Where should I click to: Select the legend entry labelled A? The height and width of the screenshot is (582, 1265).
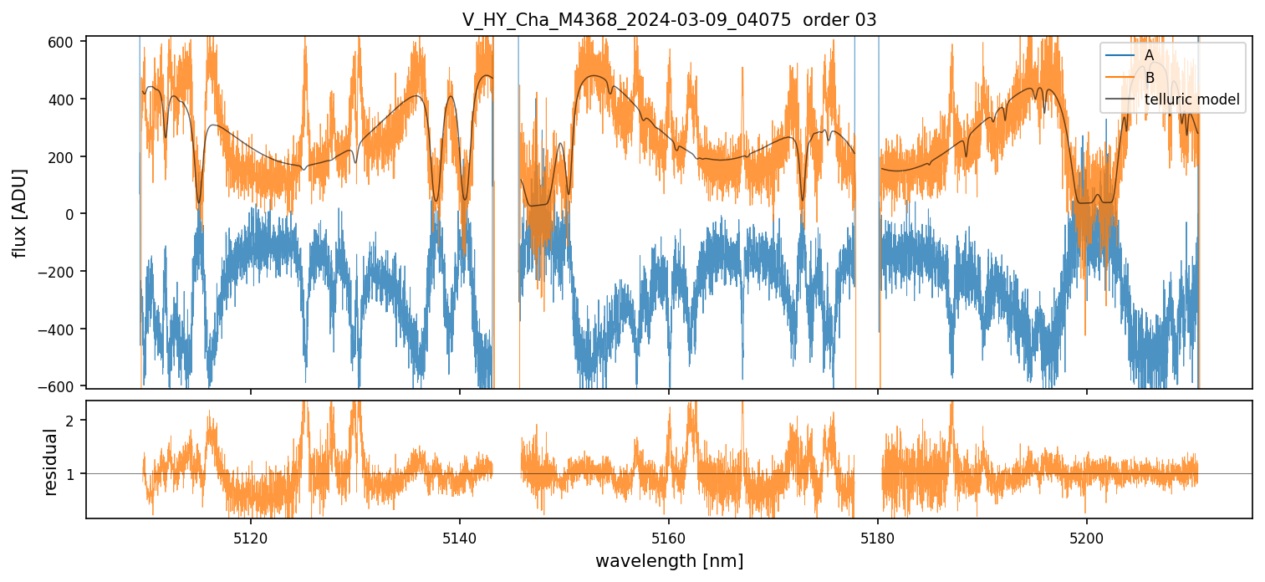pyautogui.click(x=1149, y=55)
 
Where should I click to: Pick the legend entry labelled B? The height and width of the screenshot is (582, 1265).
pyautogui.click(x=1149, y=78)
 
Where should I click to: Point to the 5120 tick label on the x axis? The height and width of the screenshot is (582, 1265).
pyautogui.click(x=250, y=537)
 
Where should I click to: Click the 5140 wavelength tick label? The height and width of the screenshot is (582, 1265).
pyautogui.click(x=460, y=537)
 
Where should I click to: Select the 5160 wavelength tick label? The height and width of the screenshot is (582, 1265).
pyautogui.click(x=669, y=537)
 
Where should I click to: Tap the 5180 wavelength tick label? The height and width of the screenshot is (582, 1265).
pyautogui.click(x=878, y=537)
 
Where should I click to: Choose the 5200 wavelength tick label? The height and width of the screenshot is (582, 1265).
pyautogui.click(x=1087, y=537)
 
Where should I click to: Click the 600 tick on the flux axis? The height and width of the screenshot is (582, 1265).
pyautogui.click(x=64, y=42)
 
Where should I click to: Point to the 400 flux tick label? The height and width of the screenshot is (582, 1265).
pyautogui.click(x=64, y=100)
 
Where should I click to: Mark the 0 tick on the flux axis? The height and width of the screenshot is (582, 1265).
pyautogui.click(x=72, y=214)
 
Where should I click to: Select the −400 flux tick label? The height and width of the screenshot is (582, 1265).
pyautogui.click(x=60, y=329)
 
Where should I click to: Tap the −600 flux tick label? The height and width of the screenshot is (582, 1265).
pyautogui.click(x=60, y=386)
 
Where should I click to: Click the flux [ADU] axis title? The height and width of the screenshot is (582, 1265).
pyautogui.click(x=19, y=212)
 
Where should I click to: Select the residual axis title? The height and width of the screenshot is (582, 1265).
pyautogui.click(x=50, y=462)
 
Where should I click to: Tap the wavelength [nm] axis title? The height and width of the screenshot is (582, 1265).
pyautogui.click(x=669, y=560)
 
